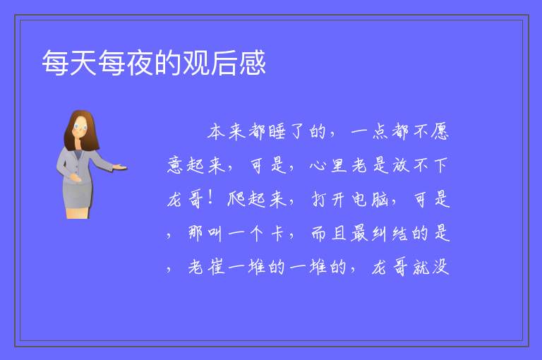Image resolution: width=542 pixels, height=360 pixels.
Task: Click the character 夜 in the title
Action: pos(140,63)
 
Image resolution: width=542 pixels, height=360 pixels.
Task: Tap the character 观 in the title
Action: pos(196,63)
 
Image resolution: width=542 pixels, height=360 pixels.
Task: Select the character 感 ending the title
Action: pos(253,63)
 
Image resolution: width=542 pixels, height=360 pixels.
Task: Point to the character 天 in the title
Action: pos(84,63)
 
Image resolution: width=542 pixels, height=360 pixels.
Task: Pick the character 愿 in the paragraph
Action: pos(440,132)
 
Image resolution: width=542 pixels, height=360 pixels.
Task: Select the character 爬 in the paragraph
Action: pos(236,199)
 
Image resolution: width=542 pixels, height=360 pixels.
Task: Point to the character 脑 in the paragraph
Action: pos(380,200)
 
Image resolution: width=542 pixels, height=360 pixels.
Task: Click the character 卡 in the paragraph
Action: pos(277,233)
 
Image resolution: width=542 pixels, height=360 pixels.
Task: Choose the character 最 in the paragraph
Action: pos(360,233)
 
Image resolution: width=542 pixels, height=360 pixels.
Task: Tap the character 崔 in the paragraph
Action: pos(217,267)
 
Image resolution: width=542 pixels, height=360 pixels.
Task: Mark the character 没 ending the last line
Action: pos(440,267)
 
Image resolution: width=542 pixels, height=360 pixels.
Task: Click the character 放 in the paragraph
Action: pos(401,165)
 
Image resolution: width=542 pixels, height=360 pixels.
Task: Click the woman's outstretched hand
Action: pos(120,167)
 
